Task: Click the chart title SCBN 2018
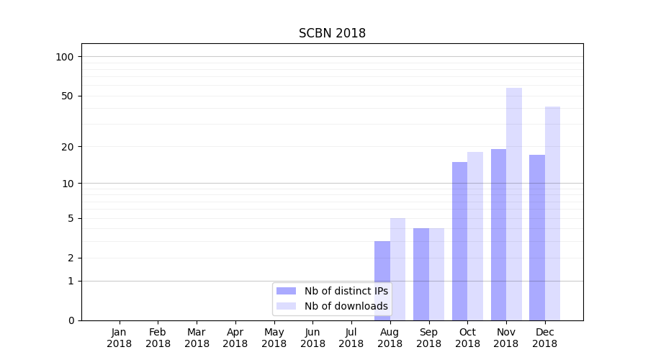pyautogui.click(x=332, y=34)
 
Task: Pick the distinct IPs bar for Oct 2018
pyautogui.click(x=459, y=241)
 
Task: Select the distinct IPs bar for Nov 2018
pyautogui.click(x=498, y=235)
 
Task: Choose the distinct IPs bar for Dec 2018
pyautogui.click(x=537, y=238)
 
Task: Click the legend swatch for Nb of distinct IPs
pyautogui.click(x=286, y=291)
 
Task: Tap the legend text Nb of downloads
pyautogui.click(x=346, y=306)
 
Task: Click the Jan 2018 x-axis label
pyautogui.click(x=120, y=338)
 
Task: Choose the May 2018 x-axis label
pyautogui.click(x=274, y=338)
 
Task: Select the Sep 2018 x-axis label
pyautogui.click(x=428, y=338)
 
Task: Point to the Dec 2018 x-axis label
pyautogui.click(x=545, y=338)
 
